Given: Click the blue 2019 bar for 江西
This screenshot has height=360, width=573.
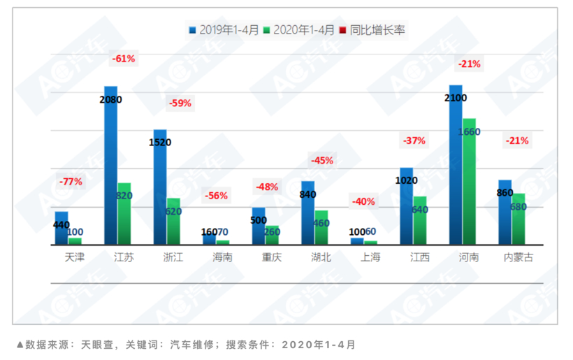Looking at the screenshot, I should coord(406,206).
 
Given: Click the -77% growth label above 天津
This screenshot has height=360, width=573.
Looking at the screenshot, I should coord(71,182).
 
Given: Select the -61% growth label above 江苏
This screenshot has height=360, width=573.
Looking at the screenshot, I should coord(123,59).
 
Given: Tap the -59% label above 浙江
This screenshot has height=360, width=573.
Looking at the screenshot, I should coord(180,103).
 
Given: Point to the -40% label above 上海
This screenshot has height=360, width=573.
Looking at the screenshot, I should coord(363,201).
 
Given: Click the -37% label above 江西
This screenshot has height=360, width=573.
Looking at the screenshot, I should coord(414,141).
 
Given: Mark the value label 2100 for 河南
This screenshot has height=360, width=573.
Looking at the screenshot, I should coord(456,99).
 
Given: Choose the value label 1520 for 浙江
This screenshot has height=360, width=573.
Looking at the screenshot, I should coord(160,142).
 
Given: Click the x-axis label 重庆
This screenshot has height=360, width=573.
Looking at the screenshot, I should coord(271,257).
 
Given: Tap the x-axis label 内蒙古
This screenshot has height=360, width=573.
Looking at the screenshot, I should coord(518,257).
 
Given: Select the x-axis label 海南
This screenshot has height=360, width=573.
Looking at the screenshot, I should coord(222,257).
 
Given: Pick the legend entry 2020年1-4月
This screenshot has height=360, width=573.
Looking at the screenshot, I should coord(303,30).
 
